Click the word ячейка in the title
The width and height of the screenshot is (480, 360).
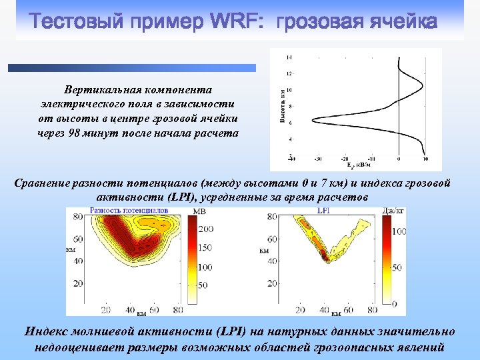pos(399,21)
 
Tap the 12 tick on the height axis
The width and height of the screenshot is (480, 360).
pos(289,73)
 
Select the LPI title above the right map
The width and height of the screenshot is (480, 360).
pos(325,211)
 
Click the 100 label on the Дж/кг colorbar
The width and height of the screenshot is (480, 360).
pos(399,232)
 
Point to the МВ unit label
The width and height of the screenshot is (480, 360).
pos(199,212)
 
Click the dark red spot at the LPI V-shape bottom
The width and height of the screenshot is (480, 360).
pos(325,254)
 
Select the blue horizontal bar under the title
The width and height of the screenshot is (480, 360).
pos(131,67)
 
